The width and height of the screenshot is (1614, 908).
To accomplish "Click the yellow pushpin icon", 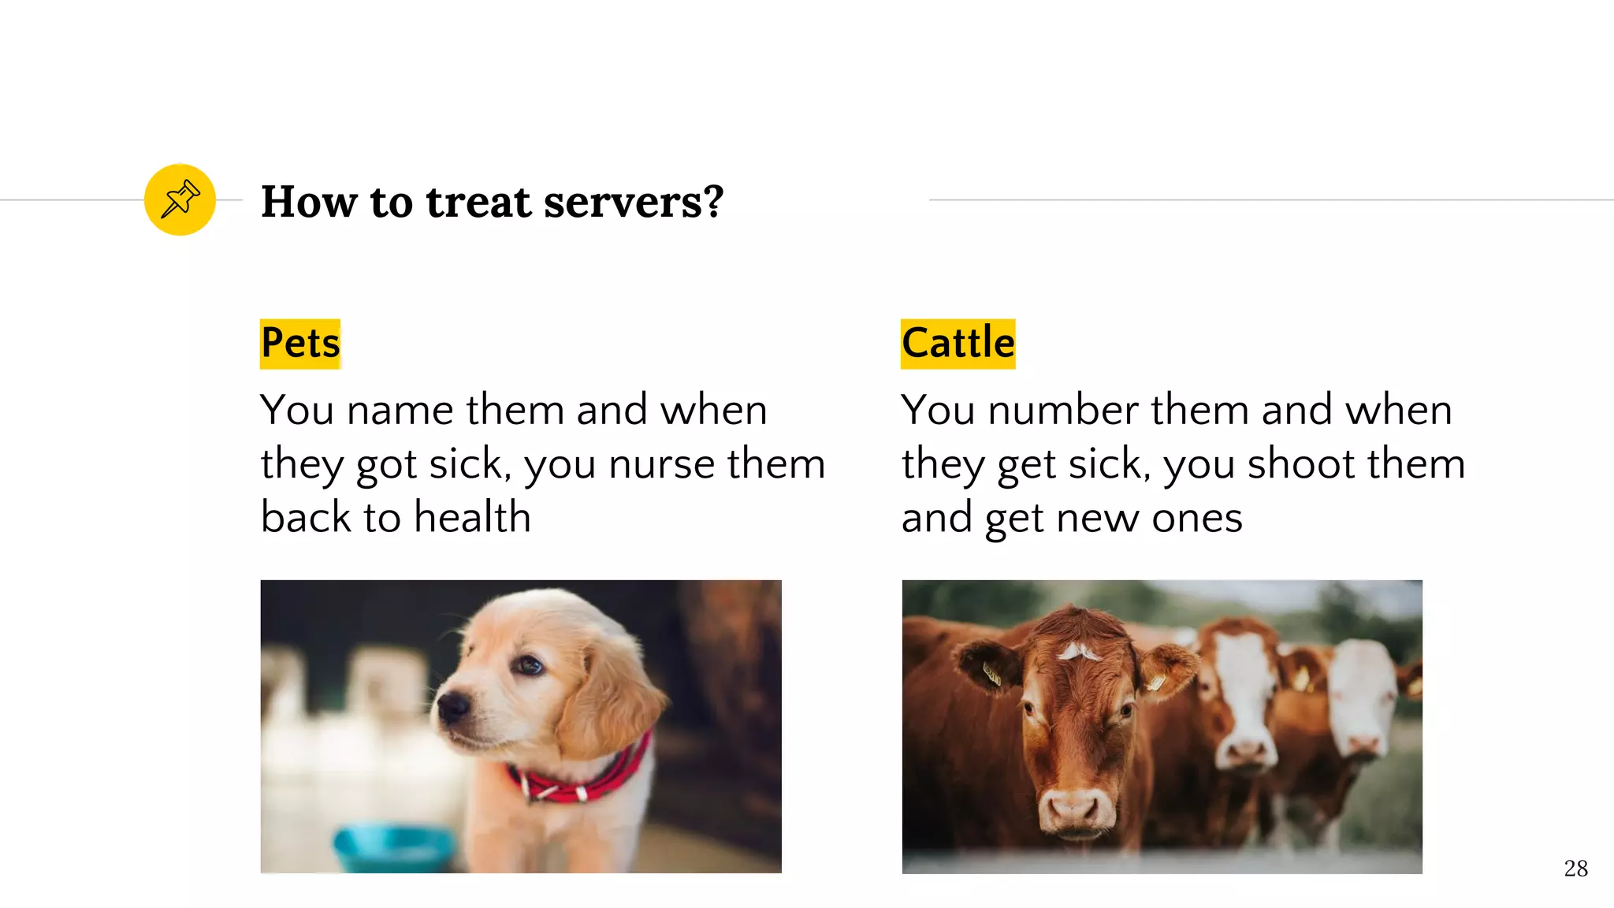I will click(x=180, y=199).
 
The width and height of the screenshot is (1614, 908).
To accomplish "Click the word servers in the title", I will click(x=633, y=202).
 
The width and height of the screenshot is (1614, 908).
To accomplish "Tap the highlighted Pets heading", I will click(x=300, y=344).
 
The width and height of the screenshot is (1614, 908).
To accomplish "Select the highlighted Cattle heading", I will click(x=958, y=344).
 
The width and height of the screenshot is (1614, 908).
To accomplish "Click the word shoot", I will click(x=1300, y=463).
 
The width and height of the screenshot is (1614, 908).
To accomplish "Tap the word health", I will click(x=472, y=518).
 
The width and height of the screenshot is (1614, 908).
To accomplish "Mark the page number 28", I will click(x=1575, y=869).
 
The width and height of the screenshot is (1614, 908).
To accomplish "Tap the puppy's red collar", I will click(x=583, y=776).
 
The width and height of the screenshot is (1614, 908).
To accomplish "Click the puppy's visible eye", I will click(x=526, y=667).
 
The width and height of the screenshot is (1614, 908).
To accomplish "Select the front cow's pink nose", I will click(x=1073, y=806).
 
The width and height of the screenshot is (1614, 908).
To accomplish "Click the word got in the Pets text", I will click(x=385, y=463).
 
